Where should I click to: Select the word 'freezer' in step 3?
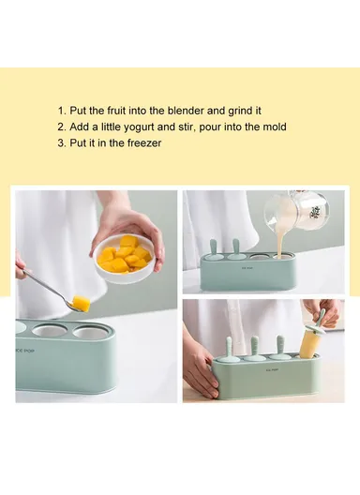[144, 142]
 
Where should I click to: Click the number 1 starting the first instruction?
[61, 110]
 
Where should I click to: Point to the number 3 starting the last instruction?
[61, 142]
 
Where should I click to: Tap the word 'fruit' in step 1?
[122, 110]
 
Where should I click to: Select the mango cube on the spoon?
[82, 303]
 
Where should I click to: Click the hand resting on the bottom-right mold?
[200, 367]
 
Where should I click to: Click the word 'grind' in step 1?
[243, 110]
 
